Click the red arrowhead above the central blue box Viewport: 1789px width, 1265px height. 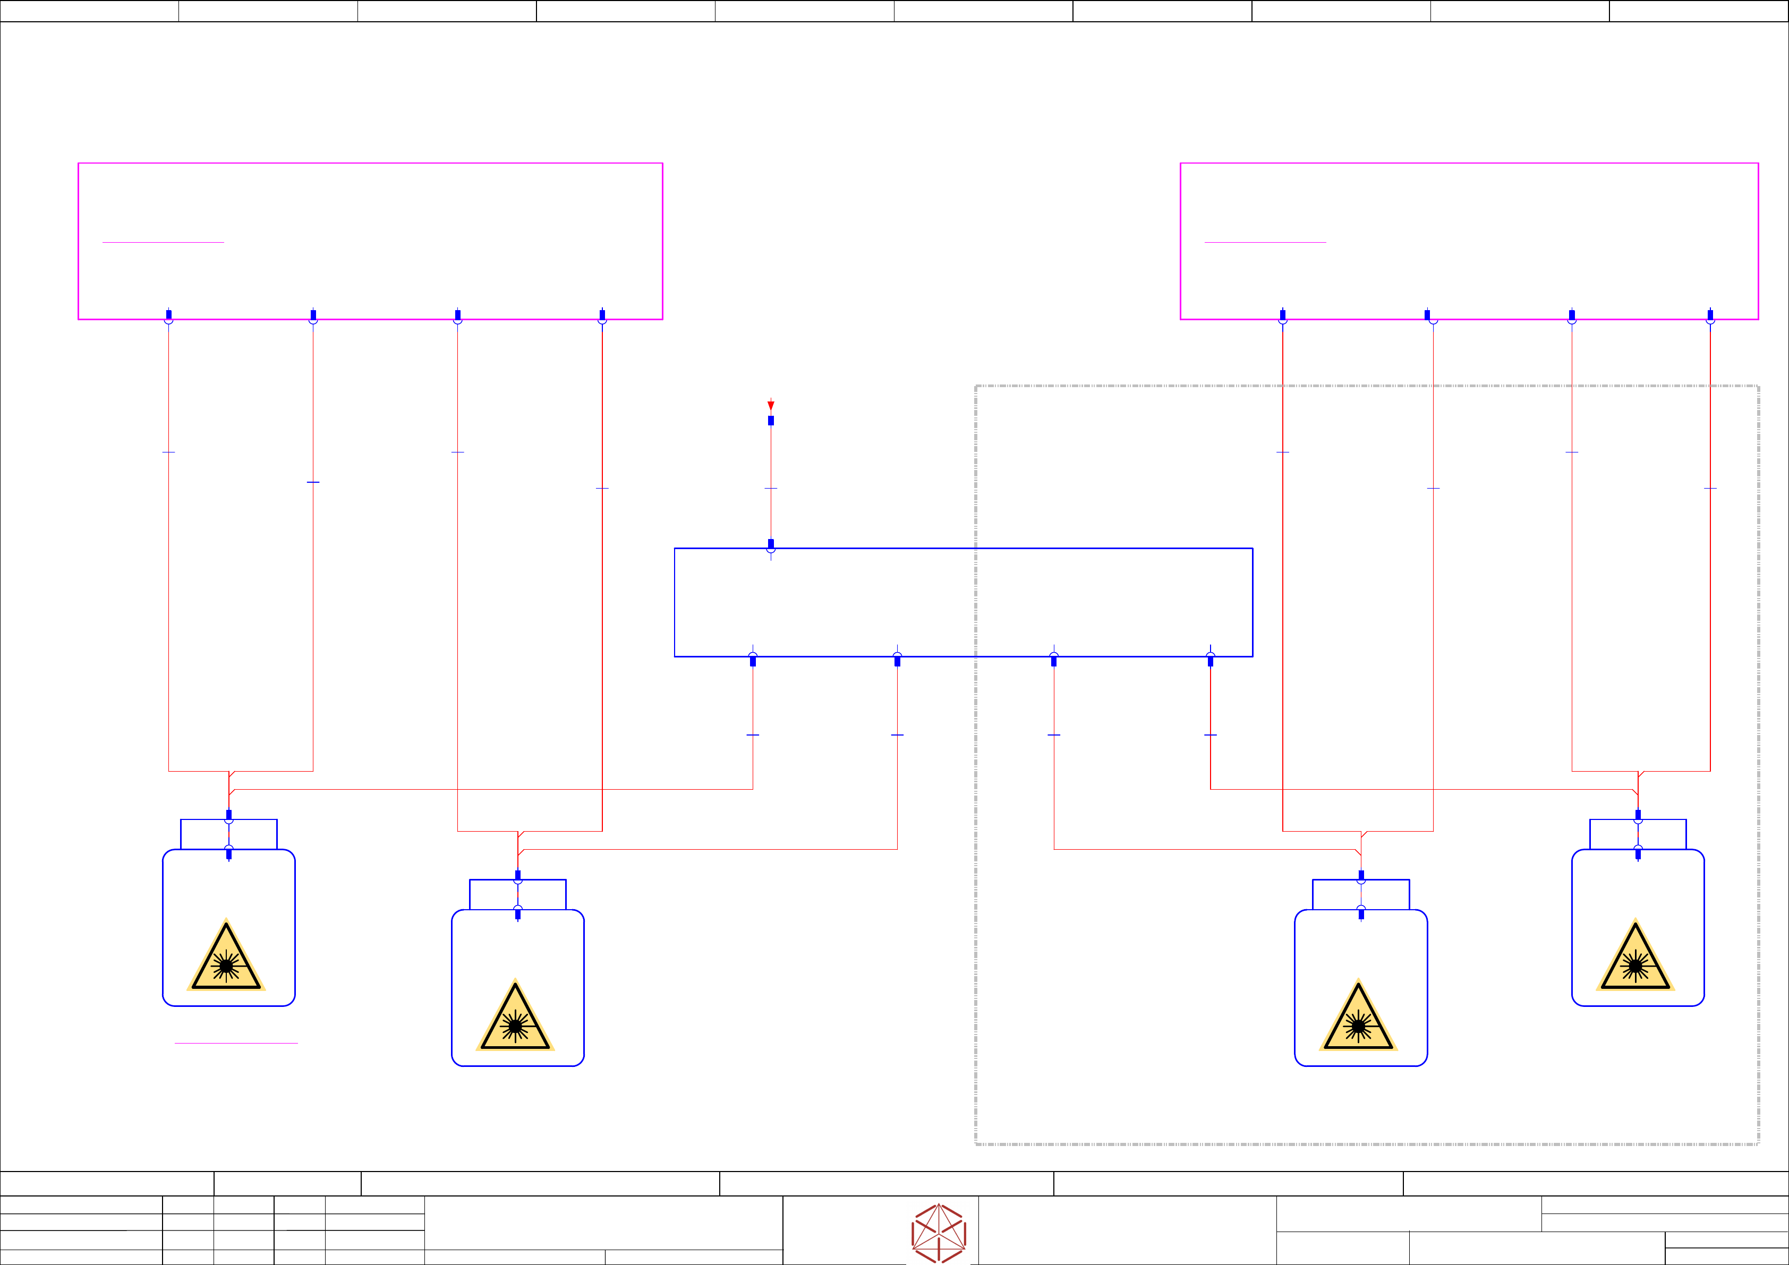click(x=771, y=405)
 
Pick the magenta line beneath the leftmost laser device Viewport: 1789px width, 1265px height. click(x=236, y=1043)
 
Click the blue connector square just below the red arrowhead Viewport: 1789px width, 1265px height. click(x=771, y=421)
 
